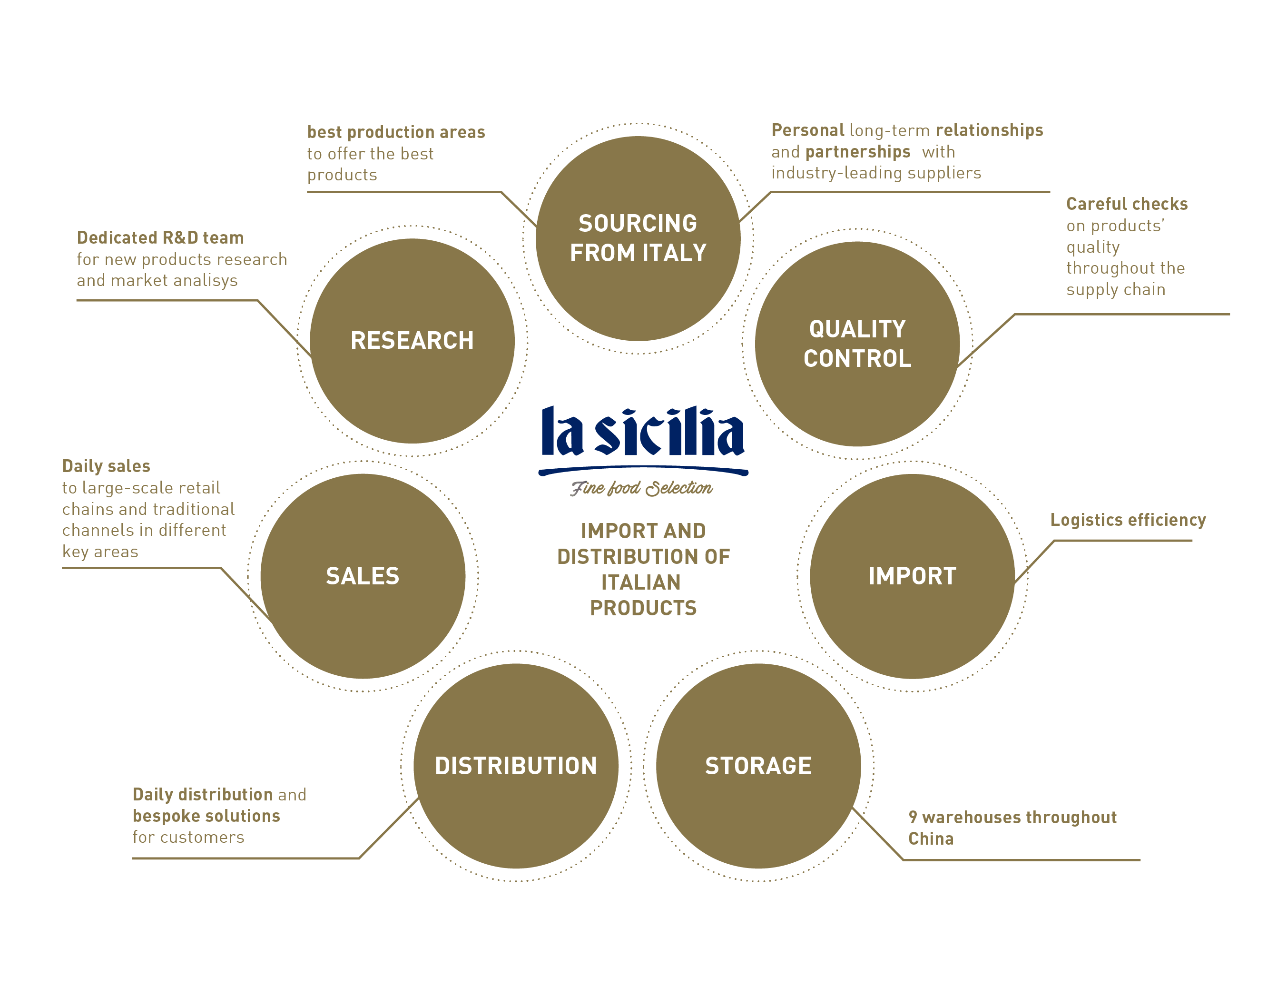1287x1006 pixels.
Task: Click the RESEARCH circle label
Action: point(412,341)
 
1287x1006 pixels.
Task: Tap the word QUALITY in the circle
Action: point(857,329)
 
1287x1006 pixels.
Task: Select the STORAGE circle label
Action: point(758,766)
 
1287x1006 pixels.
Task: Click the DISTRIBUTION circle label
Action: point(516,766)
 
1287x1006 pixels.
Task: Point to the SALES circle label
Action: point(363,576)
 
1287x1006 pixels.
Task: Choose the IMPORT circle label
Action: point(912,576)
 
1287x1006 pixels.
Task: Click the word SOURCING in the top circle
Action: point(638,223)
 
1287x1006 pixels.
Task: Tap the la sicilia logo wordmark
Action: point(643,432)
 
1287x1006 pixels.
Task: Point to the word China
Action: point(931,838)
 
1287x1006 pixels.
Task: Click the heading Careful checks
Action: point(1127,204)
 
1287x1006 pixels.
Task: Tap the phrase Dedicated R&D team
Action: point(160,237)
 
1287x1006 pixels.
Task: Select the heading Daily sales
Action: point(106,466)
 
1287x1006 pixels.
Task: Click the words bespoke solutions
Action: point(206,816)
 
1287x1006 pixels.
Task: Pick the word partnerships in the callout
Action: point(857,152)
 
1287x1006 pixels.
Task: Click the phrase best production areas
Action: point(396,132)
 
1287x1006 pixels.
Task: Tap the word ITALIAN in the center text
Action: point(641,582)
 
